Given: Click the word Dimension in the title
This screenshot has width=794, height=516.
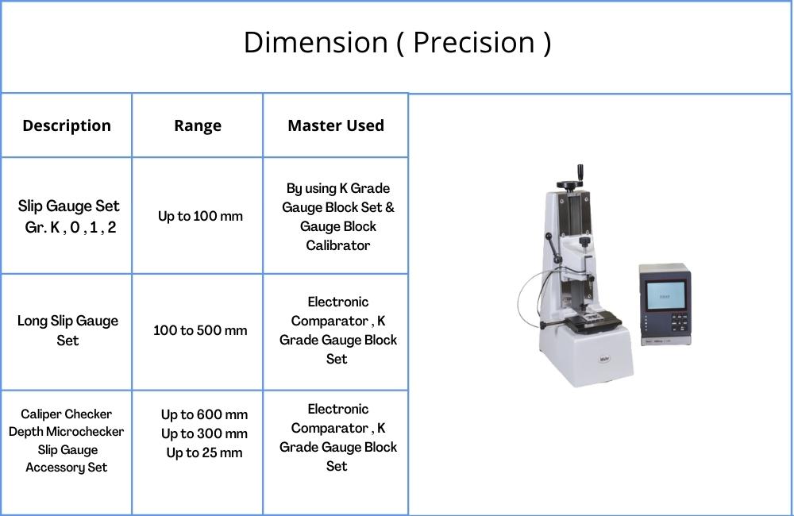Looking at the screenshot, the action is click(315, 42).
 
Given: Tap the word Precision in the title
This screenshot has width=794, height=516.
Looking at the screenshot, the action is click(474, 42).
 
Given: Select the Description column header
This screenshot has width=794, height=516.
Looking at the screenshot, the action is click(67, 125).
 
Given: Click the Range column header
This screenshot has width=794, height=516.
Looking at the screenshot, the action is click(198, 125).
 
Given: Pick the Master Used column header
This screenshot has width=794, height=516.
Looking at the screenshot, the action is click(336, 125).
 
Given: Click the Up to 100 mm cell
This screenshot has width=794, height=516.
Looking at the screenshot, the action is click(201, 216).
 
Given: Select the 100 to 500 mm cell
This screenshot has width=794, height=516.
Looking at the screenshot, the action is click(201, 330).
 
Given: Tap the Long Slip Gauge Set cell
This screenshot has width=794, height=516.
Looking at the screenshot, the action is click(67, 330).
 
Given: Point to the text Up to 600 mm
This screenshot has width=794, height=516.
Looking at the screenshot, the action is click(205, 414).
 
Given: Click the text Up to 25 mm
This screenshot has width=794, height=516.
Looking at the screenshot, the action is click(205, 452).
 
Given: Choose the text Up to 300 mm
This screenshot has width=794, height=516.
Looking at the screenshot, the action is click(205, 434).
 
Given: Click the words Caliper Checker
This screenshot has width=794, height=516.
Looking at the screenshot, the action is click(67, 414).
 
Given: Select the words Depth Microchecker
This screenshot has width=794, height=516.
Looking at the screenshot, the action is click(67, 432).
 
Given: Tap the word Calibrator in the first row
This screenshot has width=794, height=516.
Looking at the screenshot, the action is click(337, 245).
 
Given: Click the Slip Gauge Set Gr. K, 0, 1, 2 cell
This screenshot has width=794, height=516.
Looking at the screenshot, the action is click(69, 217).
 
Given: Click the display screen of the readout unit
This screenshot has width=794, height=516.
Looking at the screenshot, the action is click(665, 295).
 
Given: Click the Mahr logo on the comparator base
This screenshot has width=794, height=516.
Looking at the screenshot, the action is click(604, 359).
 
